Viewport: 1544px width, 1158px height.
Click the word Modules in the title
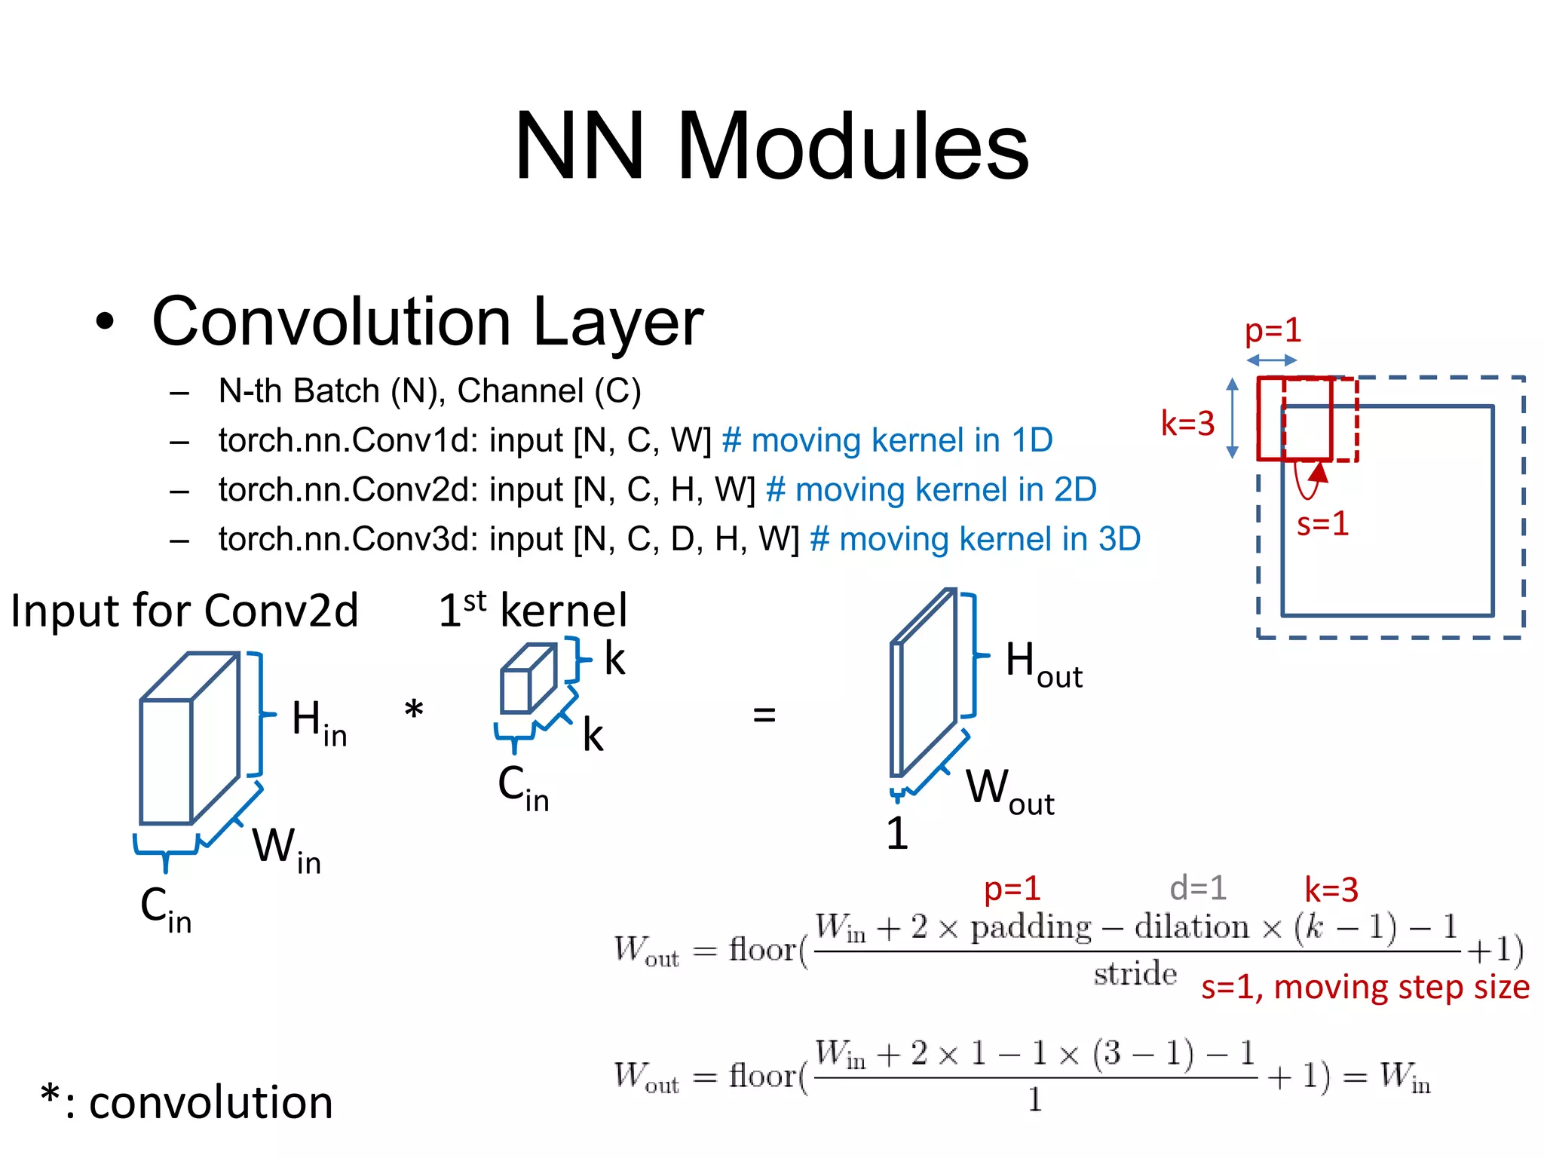pyautogui.click(x=852, y=147)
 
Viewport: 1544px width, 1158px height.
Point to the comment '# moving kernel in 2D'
pyautogui.click(x=931, y=490)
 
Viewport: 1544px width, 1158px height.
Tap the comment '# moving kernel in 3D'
pyautogui.click(x=975, y=540)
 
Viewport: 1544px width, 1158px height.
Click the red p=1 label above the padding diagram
pyautogui.click(x=1273, y=330)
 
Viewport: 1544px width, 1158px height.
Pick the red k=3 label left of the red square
pyautogui.click(x=1187, y=424)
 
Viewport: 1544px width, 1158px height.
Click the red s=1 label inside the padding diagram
pyautogui.click(x=1322, y=523)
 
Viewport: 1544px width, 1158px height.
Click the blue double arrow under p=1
pyautogui.click(x=1271, y=360)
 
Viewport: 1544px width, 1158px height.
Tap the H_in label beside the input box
pyautogui.click(x=318, y=721)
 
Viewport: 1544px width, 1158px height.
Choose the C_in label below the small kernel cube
pyautogui.click(x=523, y=787)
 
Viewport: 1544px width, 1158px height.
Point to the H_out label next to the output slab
pyautogui.click(x=1043, y=663)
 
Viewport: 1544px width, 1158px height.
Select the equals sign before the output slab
pyautogui.click(x=764, y=714)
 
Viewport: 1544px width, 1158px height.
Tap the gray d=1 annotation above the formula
pyautogui.click(x=1198, y=888)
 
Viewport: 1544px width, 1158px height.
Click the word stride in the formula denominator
pyautogui.click(x=1135, y=974)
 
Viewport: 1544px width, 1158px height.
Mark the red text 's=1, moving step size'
pyautogui.click(x=1365, y=987)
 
